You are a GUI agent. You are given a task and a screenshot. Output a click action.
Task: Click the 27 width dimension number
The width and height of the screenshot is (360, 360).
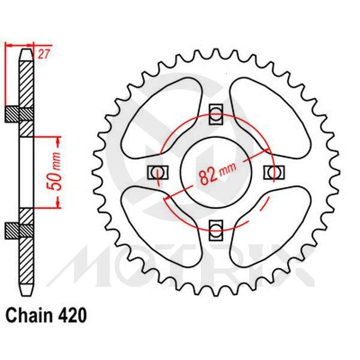tap(43, 55)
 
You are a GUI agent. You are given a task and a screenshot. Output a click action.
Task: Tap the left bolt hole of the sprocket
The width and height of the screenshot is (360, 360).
tap(157, 172)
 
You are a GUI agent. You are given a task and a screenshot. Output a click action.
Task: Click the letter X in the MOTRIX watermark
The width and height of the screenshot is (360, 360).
tap(297, 268)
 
